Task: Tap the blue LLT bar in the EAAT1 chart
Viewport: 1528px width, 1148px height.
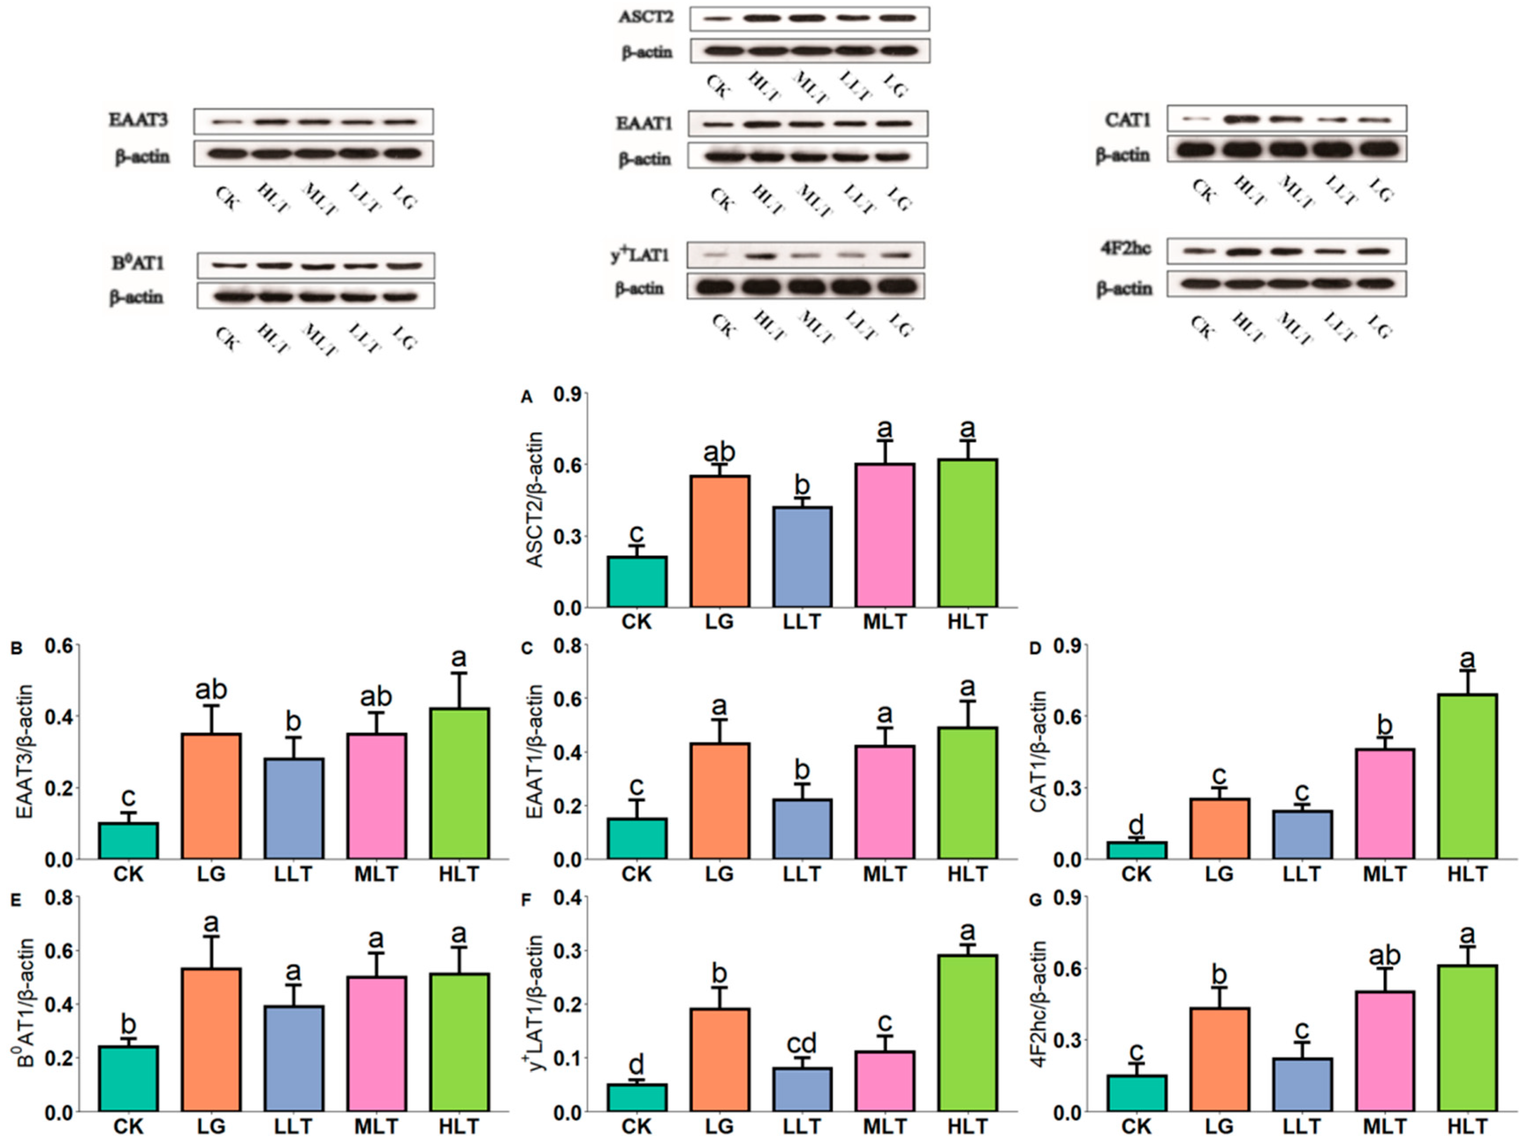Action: (802, 829)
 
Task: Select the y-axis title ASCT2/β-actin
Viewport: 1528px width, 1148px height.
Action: (535, 500)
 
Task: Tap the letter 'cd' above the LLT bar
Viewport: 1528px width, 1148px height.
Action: (802, 1042)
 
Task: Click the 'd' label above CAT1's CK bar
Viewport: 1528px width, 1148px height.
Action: (1136, 824)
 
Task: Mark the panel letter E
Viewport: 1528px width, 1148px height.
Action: (16, 900)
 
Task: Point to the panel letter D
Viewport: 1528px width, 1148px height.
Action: (1035, 648)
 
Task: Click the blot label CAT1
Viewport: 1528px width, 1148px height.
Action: (1127, 120)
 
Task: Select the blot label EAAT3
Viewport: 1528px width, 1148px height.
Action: (138, 120)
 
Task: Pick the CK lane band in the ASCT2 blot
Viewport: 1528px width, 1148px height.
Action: (718, 19)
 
